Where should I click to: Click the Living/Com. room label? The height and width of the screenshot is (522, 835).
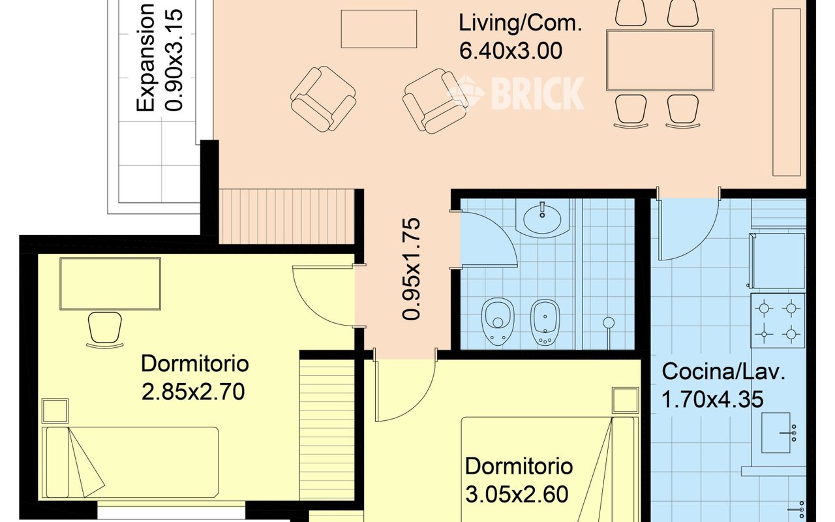[x=519, y=23]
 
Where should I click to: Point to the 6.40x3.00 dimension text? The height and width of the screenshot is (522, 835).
[x=510, y=50]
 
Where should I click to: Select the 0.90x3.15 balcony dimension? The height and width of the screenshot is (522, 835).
[x=174, y=57]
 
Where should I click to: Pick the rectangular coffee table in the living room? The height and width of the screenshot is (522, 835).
[x=379, y=29]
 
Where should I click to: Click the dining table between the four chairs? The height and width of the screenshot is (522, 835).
[x=659, y=61]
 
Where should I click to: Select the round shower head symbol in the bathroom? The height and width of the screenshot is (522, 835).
[x=609, y=322]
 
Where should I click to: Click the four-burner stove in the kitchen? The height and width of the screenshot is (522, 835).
[x=778, y=320]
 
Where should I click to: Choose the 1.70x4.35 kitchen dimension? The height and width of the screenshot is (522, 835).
[x=712, y=399]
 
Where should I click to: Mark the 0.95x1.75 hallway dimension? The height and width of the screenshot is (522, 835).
[x=412, y=268]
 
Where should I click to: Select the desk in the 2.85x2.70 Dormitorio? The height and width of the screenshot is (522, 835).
[x=110, y=283]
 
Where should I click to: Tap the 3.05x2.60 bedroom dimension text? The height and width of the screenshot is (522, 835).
[x=517, y=493]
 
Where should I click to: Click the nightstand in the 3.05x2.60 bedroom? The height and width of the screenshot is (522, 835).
[x=625, y=400]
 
